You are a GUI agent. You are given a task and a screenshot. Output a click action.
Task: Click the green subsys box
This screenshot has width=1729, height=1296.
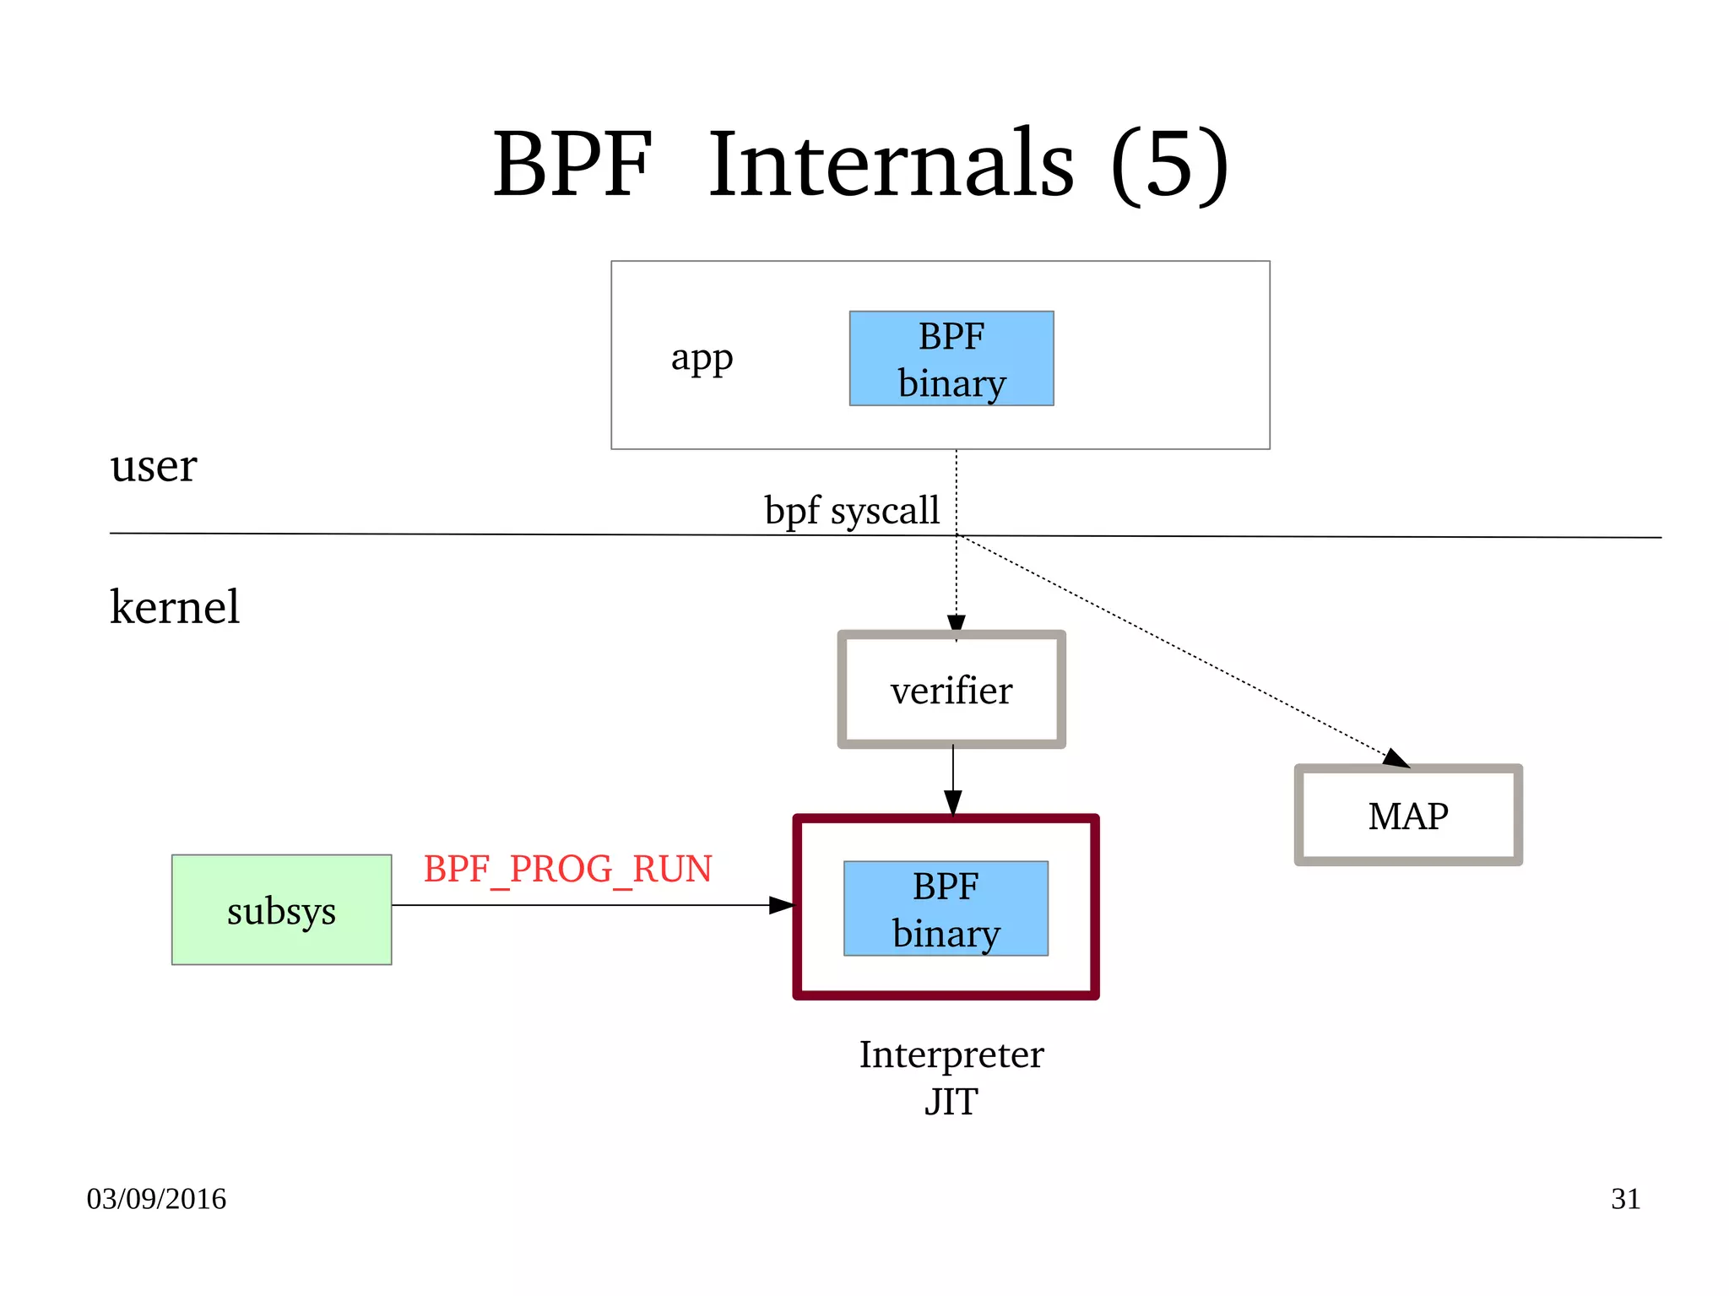(281, 909)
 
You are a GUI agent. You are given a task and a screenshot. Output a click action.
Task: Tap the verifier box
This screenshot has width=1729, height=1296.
(951, 690)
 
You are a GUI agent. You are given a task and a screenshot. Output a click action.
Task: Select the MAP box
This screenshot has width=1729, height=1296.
(1408, 816)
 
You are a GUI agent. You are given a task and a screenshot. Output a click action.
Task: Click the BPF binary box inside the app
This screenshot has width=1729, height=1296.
(951, 359)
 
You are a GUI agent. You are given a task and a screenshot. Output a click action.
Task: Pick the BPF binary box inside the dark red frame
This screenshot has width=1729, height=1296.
(946, 908)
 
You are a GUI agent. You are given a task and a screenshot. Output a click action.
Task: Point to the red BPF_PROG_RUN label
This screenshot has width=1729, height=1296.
(567, 869)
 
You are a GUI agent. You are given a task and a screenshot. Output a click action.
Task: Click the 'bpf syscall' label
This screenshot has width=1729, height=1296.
(851, 510)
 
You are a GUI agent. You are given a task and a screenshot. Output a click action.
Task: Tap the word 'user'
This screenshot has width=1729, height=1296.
(153, 465)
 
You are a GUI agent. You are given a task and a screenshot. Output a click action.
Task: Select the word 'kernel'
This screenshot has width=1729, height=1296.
(175, 606)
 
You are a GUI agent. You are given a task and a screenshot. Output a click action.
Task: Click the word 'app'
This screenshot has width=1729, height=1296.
(702, 358)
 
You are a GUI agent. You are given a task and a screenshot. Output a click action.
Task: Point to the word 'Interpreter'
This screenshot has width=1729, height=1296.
(951, 1055)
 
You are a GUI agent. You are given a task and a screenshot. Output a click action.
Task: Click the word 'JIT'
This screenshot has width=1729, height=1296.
(951, 1102)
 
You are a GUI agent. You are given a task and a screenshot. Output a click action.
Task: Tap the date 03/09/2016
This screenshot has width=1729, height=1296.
(156, 1199)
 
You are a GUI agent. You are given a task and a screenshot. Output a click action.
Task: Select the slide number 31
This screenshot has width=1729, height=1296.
(1625, 1199)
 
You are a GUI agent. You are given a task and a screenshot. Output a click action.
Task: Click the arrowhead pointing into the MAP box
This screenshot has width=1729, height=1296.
(1397, 758)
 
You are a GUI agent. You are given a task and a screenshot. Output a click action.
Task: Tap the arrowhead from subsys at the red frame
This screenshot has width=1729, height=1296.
(782, 905)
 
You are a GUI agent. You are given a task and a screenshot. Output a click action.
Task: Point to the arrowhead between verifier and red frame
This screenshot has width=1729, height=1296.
(953, 802)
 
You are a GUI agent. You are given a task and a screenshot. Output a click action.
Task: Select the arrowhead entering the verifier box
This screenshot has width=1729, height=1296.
(957, 624)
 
